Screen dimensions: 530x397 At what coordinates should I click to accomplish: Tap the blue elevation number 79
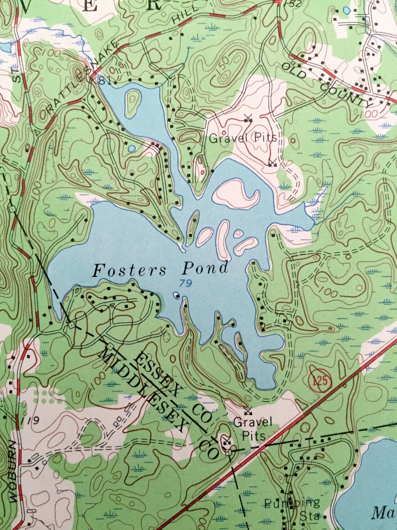(186, 283)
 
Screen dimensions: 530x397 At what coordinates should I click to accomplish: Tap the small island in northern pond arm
(133, 103)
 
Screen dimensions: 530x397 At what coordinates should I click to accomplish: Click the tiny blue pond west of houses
(132, 149)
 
